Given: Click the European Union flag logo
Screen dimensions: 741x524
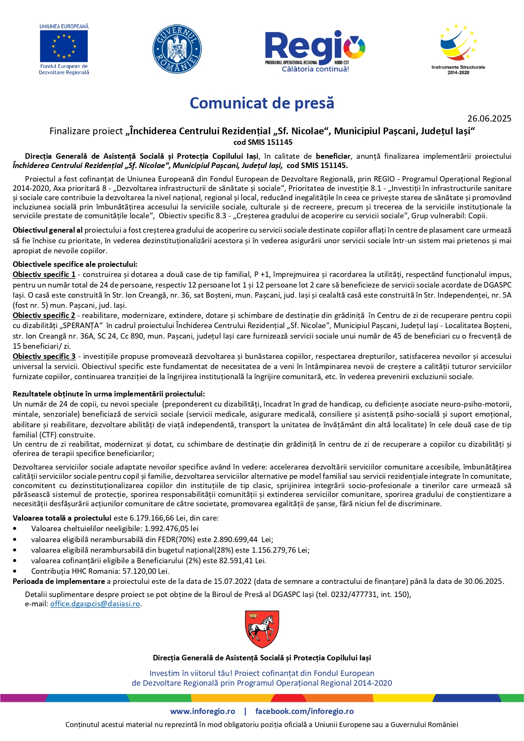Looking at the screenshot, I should click(64, 46).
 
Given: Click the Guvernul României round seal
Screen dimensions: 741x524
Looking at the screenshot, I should click(176, 49).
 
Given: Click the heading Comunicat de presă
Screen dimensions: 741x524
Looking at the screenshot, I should click(262, 103).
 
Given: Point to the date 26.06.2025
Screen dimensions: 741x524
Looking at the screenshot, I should click(489, 119).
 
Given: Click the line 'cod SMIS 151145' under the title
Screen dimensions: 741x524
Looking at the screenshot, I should click(263, 142).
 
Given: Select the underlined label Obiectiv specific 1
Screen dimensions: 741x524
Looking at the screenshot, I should click(44, 275).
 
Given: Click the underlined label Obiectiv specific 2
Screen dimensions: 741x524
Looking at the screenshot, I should click(44, 316).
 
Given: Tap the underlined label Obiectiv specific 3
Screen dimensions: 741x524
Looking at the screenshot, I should click(44, 357).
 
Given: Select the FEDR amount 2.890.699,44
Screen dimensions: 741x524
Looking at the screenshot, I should click(235, 540).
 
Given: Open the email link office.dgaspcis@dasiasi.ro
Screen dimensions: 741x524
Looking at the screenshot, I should click(95, 604).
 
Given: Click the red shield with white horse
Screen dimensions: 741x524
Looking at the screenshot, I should click(262, 629).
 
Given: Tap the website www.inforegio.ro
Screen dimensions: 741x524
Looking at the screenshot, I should click(203, 711).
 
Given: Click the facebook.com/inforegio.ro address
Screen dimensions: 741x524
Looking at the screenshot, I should click(304, 711).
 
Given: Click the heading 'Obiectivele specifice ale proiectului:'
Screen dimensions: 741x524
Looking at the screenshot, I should click(75, 265).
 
